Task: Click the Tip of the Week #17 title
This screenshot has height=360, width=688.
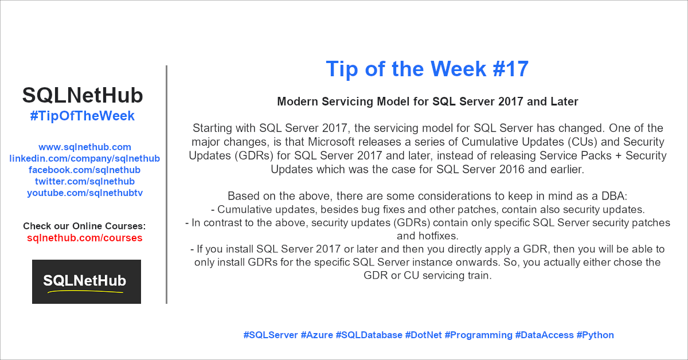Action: coord(427,69)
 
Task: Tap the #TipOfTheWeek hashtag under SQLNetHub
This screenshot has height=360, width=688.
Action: coord(83,116)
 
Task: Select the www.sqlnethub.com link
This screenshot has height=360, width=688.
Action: coord(85,147)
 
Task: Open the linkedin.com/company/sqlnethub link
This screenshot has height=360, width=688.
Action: coord(84,158)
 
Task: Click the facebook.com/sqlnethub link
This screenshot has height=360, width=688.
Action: coord(84,170)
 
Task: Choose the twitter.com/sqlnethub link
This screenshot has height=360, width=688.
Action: coord(85,181)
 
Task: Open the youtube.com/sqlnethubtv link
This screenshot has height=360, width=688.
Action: coord(85,193)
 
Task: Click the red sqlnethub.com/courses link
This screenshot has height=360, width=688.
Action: coord(84,238)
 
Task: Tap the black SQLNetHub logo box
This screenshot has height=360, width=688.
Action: coord(87,281)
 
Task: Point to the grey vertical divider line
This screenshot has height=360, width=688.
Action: coord(166,185)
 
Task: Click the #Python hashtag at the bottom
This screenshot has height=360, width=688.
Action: coord(595,335)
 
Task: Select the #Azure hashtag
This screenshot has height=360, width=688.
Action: coord(316,335)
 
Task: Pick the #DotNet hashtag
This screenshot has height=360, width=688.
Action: coord(423,335)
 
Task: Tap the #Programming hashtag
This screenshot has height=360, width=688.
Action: coord(479,335)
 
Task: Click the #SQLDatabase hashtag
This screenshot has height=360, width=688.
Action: coord(369,335)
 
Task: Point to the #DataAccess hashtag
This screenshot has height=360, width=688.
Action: coord(544,335)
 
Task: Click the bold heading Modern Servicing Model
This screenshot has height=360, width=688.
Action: coord(428,101)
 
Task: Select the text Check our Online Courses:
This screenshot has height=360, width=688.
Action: coord(84,226)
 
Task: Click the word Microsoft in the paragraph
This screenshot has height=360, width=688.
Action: coord(335,142)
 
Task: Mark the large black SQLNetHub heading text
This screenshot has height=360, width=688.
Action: coord(83,96)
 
